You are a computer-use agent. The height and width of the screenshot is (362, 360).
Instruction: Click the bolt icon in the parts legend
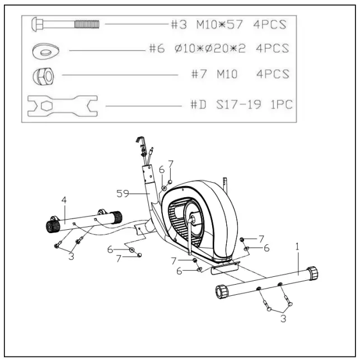pyautogui.click(x=66, y=24)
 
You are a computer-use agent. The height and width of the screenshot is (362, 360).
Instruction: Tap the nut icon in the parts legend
pyautogui.click(x=44, y=76)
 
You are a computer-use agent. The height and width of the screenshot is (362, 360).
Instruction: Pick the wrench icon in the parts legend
pyautogui.click(x=62, y=105)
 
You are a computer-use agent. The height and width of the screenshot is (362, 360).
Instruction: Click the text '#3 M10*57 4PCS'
pyautogui.click(x=229, y=25)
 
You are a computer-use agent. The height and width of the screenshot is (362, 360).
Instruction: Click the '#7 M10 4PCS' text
pyautogui.click(x=241, y=75)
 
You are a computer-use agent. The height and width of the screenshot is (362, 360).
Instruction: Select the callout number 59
pyautogui.click(x=123, y=193)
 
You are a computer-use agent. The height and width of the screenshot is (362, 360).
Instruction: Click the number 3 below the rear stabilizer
pyautogui.click(x=284, y=318)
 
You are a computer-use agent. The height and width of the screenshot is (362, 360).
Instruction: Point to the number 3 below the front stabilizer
pyautogui.click(x=71, y=257)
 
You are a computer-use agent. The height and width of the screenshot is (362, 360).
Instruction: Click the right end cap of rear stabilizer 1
pyautogui.click(x=312, y=273)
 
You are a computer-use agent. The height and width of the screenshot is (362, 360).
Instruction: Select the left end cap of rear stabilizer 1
pyautogui.click(x=222, y=292)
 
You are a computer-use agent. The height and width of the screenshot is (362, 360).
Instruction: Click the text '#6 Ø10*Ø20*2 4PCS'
pyautogui.click(x=219, y=49)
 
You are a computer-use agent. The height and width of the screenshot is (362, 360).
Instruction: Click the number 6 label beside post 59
pyautogui.click(x=161, y=169)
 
